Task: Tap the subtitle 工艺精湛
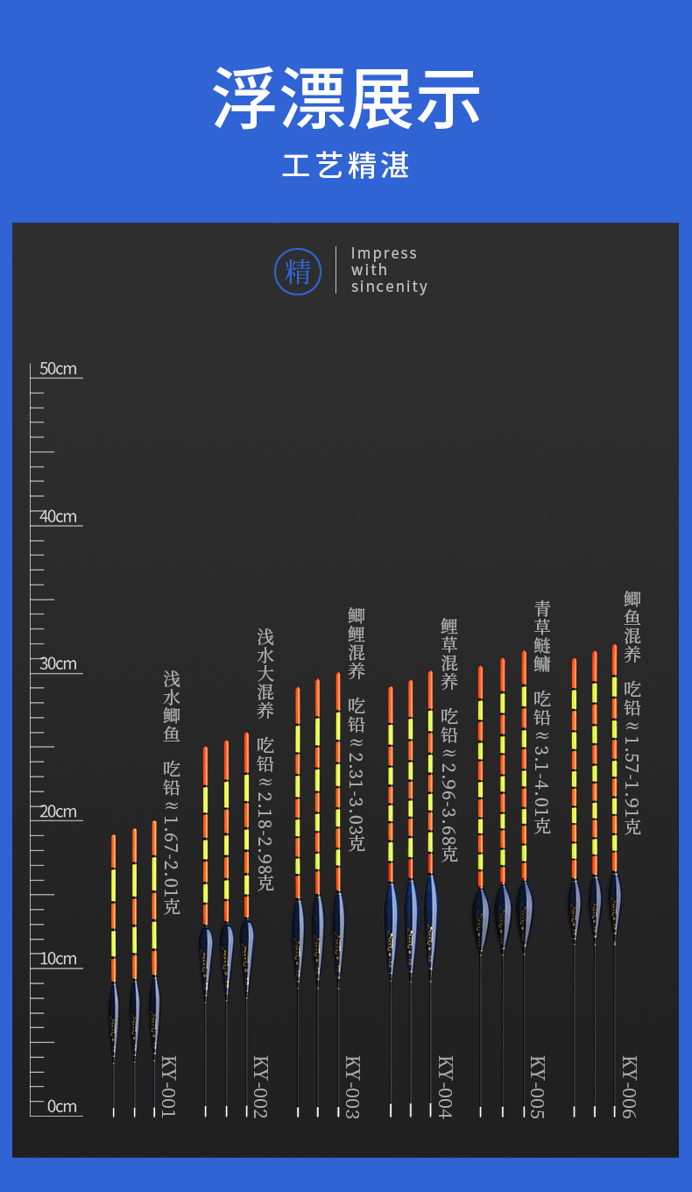pyautogui.click(x=346, y=166)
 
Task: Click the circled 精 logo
pyautogui.click(x=298, y=272)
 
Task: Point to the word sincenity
pyautogui.click(x=389, y=287)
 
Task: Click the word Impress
pyautogui.click(x=384, y=253)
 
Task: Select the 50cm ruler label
pyautogui.click(x=58, y=368)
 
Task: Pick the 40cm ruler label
pyautogui.click(x=58, y=516)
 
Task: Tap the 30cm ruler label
pyautogui.click(x=58, y=663)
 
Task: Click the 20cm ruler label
pyautogui.click(x=58, y=812)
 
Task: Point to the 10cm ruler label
pyautogui.click(x=58, y=959)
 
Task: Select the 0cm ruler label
pyautogui.click(x=61, y=1106)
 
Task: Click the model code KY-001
pyautogui.click(x=169, y=1086)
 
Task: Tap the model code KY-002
pyautogui.click(x=260, y=1086)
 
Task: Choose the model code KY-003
pyautogui.click(x=352, y=1086)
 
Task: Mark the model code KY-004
pyautogui.click(x=445, y=1086)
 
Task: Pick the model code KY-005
pyautogui.click(x=537, y=1086)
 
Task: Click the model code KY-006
pyautogui.click(x=629, y=1086)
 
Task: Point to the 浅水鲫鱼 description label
pyautogui.click(x=172, y=706)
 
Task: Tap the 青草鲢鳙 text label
pyautogui.click(x=542, y=636)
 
